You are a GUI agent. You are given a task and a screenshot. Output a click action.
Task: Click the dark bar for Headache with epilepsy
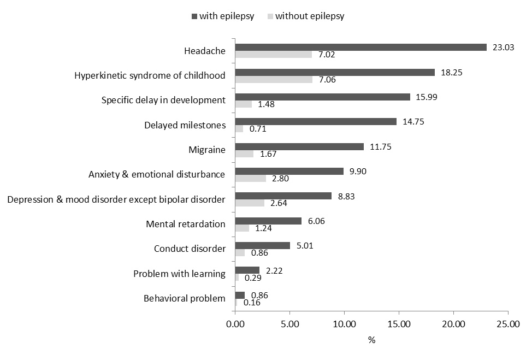click(x=360, y=48)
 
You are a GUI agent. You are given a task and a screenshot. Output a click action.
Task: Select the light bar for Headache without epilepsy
click(x=273, y=55)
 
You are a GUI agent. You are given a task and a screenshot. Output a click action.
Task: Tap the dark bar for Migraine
click(x=299, y=146)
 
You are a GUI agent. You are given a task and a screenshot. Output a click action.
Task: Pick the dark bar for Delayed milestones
click(x=316, y=122)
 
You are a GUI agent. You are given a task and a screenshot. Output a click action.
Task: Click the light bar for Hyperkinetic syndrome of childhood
click(x=274, y=79)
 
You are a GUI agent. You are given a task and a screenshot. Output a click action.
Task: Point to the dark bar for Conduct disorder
click(x=262, y=245)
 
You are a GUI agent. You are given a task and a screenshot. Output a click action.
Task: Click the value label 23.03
click(x=502, y=48)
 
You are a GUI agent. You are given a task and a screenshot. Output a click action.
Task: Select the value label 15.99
click(x=425, y=97)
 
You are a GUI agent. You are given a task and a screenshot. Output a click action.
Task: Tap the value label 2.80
click(x=282, y=179)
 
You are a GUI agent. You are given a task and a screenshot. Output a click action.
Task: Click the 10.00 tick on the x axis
click(x=344, y=324)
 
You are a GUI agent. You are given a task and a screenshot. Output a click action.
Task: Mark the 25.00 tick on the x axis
click(x=508, y=324)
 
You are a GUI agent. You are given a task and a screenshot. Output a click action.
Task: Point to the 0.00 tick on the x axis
click(x=235, y=324)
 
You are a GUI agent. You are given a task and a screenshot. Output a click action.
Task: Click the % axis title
click(x=371, y=340)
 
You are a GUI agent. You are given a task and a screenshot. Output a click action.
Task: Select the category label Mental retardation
click(x=186, y=224)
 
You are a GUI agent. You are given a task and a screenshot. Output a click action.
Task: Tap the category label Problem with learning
click(x=179, y=274)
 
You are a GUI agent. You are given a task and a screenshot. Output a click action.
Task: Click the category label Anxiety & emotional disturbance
click(x=157, y=175)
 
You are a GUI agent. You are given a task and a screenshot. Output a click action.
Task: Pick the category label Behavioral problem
click(x=184, y=298)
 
